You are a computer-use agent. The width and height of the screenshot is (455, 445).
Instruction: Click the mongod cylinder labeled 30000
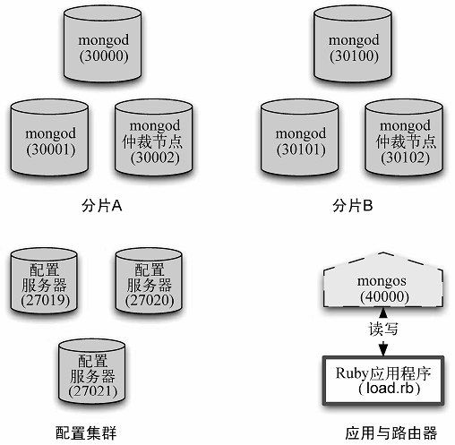click(x=102, y=44)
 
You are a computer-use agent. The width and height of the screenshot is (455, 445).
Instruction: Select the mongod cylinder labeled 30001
click(x=49, y=138)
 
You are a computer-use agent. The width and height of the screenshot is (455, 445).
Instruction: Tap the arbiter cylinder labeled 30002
click(x=154, y=138)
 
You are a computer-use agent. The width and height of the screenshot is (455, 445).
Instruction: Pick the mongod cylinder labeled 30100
click(x=353, y=44)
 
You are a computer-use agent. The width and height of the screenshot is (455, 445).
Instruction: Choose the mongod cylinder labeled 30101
click(x=299, y=138)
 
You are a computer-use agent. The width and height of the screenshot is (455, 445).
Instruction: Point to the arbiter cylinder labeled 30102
click(x=404, y=138)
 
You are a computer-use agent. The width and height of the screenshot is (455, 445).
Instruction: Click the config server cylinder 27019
click(x=44, y=281)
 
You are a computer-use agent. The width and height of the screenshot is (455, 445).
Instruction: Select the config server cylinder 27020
click(x=149, y=281)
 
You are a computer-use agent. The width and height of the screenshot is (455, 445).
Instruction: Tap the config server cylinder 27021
click(x=92, y=372)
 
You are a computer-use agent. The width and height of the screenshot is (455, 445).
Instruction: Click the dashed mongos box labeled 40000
click(x=383, y=280)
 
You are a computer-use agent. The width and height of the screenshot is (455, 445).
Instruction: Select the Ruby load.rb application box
click(x=383, y=381)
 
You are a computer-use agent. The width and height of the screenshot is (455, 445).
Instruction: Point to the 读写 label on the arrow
click(x=383, y=329)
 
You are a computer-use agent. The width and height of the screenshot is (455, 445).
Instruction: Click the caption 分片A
click(x=102, y=206)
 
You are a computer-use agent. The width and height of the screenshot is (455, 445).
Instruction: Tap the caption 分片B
click(x=353, y=206)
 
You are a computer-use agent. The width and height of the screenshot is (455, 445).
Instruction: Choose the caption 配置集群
click(x=86, y=432)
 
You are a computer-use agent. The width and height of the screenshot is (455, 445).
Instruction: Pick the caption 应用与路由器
click(x=391, y=432)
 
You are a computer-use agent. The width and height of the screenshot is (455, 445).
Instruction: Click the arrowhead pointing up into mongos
click(x=383, y=312)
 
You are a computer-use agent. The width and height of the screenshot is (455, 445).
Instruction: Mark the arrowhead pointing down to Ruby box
click(x=383, y=350)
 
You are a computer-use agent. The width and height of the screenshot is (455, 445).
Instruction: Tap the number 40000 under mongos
click(x=384, y=296)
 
